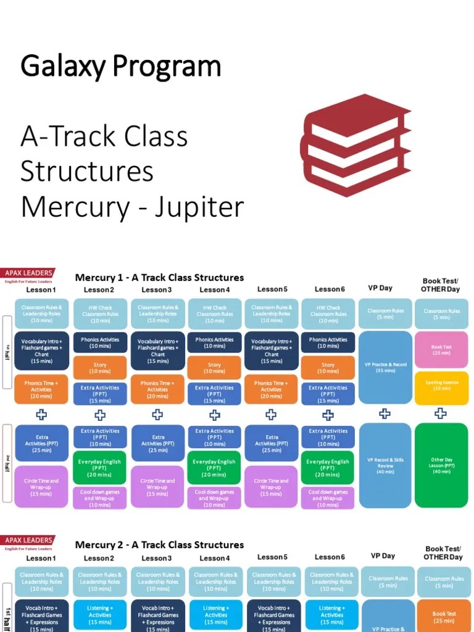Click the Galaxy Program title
[x=121, y=66]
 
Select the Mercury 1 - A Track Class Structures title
[x=159, y=277]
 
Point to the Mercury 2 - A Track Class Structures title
[x=159, y=545]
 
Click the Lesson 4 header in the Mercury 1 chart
[x=215, y=289]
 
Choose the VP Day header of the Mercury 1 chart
[x=381, y=288]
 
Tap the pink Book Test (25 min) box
[x=441, y=349]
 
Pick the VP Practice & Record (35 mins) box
[x=385, y=367]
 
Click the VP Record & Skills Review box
[x=385, y=465]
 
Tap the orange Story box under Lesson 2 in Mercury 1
[x=100, y=368]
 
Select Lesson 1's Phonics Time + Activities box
[x=41, y=389]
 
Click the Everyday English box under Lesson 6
[x=328, y=468]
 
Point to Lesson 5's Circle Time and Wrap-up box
[x=272, y=487]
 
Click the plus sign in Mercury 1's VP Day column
[x=385, y=414]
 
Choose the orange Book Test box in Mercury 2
[x=444, y=617]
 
